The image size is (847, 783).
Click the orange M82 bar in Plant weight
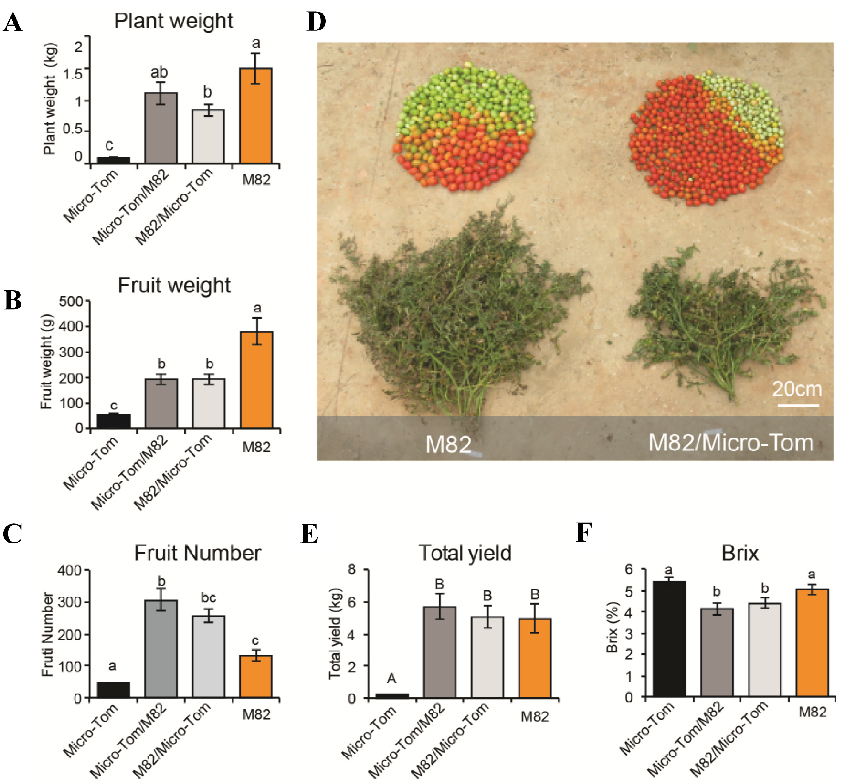255,116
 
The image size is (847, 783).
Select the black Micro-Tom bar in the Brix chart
669,639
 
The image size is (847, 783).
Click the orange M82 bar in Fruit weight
256,380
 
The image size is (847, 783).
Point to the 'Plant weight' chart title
174,21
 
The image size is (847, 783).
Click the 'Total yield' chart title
465,553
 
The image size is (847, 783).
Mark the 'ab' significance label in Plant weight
159,72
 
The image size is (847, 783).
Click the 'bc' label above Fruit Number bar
209,597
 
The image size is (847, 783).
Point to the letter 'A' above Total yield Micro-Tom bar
391,679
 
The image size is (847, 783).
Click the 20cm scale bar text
797,389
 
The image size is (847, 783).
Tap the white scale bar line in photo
798,405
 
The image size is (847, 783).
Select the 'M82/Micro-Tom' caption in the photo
731,443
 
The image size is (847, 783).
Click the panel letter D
316,22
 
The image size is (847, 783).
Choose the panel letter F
584,533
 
